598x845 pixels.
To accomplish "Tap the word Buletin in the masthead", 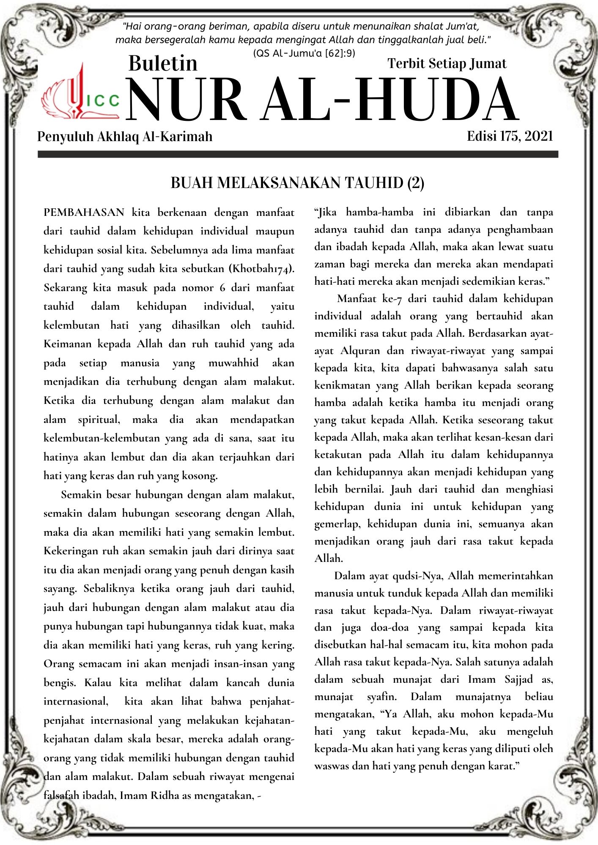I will (x=163, y=63).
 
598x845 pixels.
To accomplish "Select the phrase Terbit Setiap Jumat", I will (x=447, y=63).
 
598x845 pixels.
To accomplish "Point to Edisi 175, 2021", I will (x=510, y=136).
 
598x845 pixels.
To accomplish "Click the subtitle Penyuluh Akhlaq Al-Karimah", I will (x=125, y=136).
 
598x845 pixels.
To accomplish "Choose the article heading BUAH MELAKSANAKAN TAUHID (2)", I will (x=297, y=183).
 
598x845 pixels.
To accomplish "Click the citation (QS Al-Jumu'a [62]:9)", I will (x=304, y=53).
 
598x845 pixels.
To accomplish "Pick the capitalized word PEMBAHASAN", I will (x=84, y=212).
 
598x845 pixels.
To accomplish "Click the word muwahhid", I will (x=233, y=363).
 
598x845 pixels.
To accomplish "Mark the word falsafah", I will (x=61, y=796).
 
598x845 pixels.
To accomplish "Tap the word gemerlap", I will (x=337, y=524).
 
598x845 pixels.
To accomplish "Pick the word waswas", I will (x=330, y=766).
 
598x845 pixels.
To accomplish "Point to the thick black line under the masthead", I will (x=298, y=155).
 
